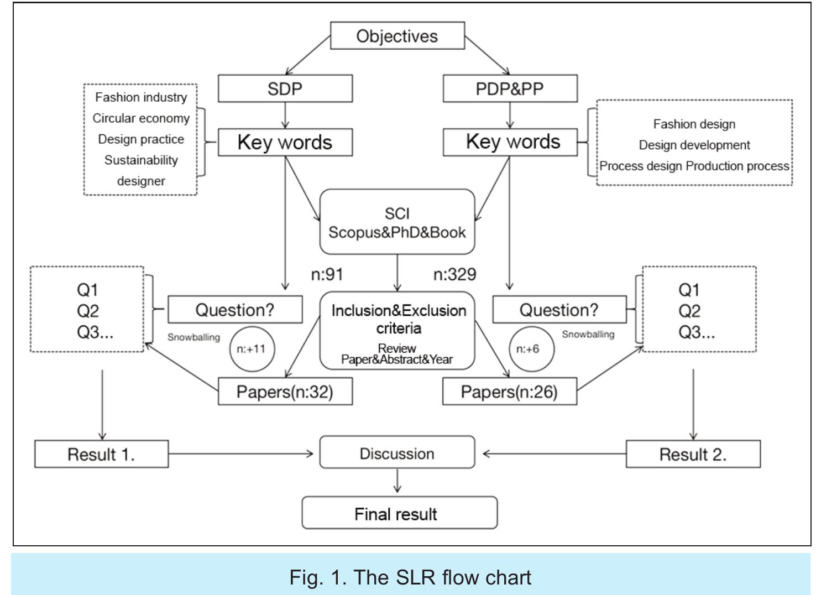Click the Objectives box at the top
pyautogui.click(x=397, y=36)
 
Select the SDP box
pyautogui.click(x=285, y=89)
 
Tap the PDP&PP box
pyautogui.click(x=510, y=89)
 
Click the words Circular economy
pyautogui.click(x=141, y=118)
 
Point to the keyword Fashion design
pyautogui.click(x=694, y=124)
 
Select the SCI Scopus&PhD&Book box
pyautogui.click(x=397, y=222)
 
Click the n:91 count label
pyautogui.click(x=327, y=274)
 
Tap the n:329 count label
pyautogui.click(x=454, y=274)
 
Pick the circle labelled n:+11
pyautogui.click(x=251, y=349)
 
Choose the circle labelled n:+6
pyautogui.click(x=531, y=349)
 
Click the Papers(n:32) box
pyautogui.click(x=285, y=392)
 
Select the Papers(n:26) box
pyautogui.click(x=509, y=392)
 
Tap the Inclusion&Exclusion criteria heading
pyautogui.click(x=399, y=319)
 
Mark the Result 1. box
pyautogui.click(x=101, y=455)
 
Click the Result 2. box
pyautogui.click(x=693, y=455)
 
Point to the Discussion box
pyautogui.click(x=397, y=453)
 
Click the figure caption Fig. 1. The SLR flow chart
pyautogui.click(x=410, y=577)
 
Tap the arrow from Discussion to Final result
pyautogui.click(x=397, y=481)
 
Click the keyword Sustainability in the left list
pyautogui.click(x=141, y=160)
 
